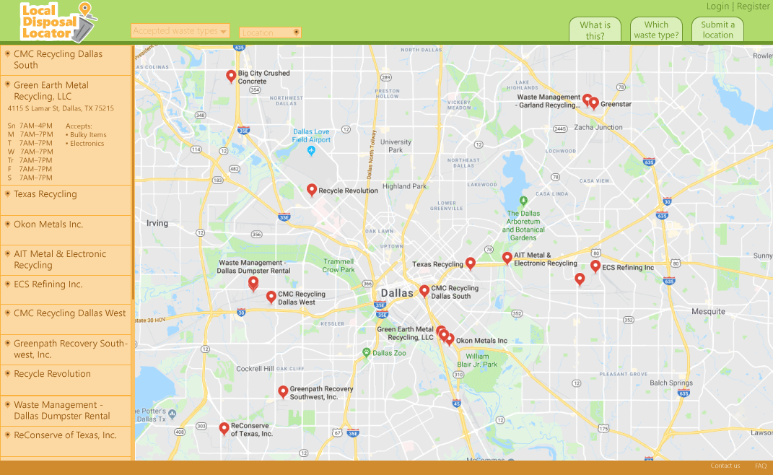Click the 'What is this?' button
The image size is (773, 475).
click(x=595, y=30)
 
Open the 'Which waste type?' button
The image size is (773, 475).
click(x=656, y=30)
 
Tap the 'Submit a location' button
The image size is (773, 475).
click(x=717, y=30)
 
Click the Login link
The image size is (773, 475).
click(x=717, y=6)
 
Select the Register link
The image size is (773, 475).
click(x=753, y=6)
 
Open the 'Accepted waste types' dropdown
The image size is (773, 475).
click(x=180, y=31)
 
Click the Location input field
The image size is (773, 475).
click(x=270, y=32)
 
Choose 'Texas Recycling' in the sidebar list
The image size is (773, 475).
click(x=45, y=194)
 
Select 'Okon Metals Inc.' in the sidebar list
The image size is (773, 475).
click(x=48, y=225)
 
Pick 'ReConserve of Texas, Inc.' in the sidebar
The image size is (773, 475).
click(x=65, y=435)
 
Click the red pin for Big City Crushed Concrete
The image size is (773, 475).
click(x=231, y=76)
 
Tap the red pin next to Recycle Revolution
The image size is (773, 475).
click(x=312, y=190)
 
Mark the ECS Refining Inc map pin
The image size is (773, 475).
click(x=595, y=266)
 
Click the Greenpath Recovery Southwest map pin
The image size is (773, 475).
click(x=283, y=392)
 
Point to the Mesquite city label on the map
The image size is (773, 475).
click(x=708, y=312)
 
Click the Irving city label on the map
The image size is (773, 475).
click(x=157, y=223)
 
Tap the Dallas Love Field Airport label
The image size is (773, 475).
click(x=311, y=136)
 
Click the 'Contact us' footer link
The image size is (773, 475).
click(x=725, y=466)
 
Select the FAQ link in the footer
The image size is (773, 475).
click(x=761, y=466)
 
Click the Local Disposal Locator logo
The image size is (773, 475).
click(x=58, y=21)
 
